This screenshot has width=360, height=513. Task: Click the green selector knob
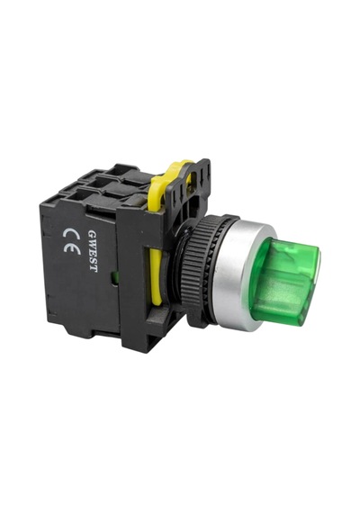pos(284,282)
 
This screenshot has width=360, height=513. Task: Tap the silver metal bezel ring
pos(234,274)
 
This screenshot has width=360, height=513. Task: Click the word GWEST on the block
pos(93,251)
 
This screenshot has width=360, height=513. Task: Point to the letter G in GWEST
pos(92,233)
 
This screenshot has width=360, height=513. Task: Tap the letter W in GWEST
pos(92,243)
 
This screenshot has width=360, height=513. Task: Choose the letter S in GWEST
pos(93,261)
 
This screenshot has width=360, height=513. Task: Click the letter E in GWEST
pos(93,253)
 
